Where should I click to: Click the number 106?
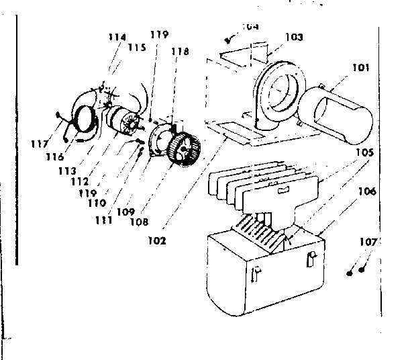coord(366,191)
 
